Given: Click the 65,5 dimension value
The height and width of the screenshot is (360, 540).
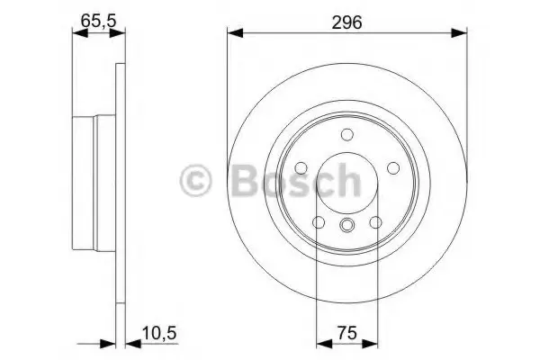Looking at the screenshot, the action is pyautogui.click(x=98, y=21).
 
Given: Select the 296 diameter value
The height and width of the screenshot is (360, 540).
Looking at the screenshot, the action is pyautogui.click(x=346, y=22).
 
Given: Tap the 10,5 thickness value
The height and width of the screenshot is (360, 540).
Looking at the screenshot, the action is pyautogui.click(x=159, y=333).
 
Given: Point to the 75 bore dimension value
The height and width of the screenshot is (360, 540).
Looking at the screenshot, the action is pyautogui.click(x=346, y=333).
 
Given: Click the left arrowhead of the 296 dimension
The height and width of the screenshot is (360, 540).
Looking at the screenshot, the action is pyautogui.click(x=235, y=33).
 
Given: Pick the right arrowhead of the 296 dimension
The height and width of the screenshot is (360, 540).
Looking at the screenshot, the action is pyautogui.click(x=459, y=33).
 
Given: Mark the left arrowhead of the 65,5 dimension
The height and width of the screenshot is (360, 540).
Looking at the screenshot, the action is pyautogui.click(x=80, y=33).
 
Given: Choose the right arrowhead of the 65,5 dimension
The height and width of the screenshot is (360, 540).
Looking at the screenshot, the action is pyautogui.click(x=117, y=33).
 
